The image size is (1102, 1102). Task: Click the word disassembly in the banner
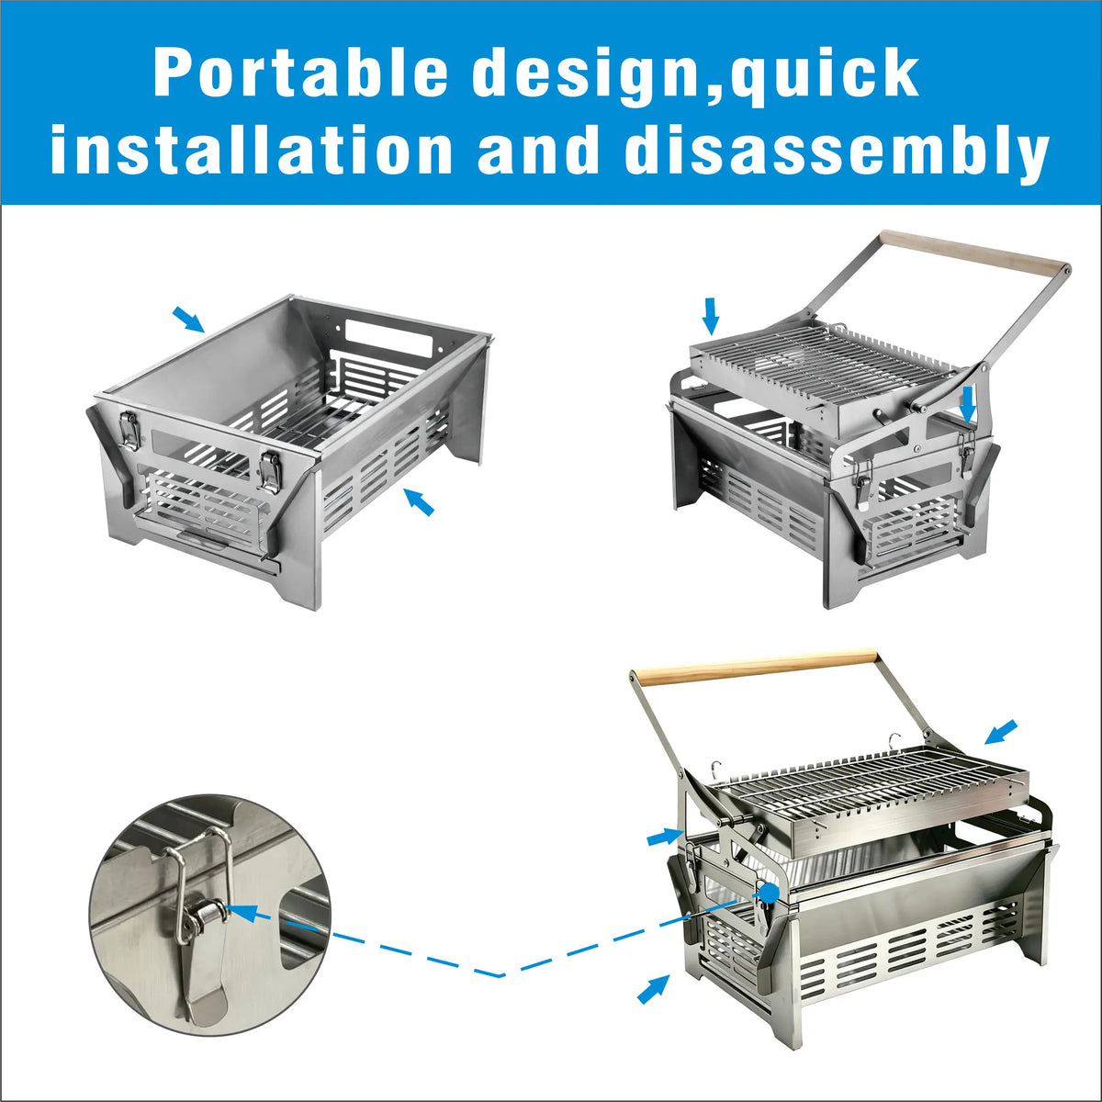click(x=837, y=152)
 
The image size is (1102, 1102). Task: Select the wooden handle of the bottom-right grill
click(x=757, y=666)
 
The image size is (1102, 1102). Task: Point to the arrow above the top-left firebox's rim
click(x=189, y=319)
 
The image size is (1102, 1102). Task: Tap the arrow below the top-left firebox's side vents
click(x=419, y=501)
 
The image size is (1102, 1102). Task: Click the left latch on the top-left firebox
click(x=129, y=432)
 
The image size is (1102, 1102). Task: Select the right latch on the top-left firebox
click(x=268, y=471)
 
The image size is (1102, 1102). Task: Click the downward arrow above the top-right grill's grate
click(x=711, y=316)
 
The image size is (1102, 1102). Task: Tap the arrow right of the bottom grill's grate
click(x=1001, y=732)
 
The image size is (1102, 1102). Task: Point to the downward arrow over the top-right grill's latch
click(x=967, y=405)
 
